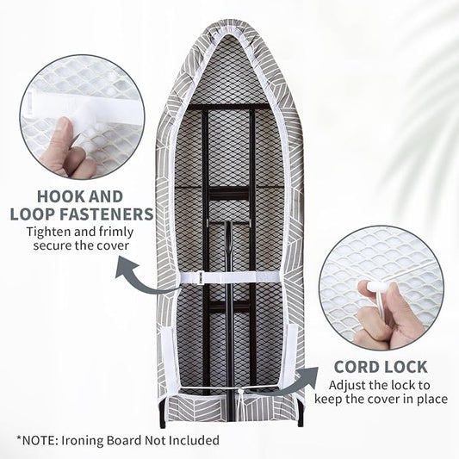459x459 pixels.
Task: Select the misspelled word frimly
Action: [x=116, y=233]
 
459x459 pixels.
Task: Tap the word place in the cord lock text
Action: [x=431, y=399]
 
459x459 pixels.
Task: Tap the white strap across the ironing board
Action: [x=229, y=277]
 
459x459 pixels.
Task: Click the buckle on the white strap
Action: [x=201, y=277]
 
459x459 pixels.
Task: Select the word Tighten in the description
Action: [x=48, y=233]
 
